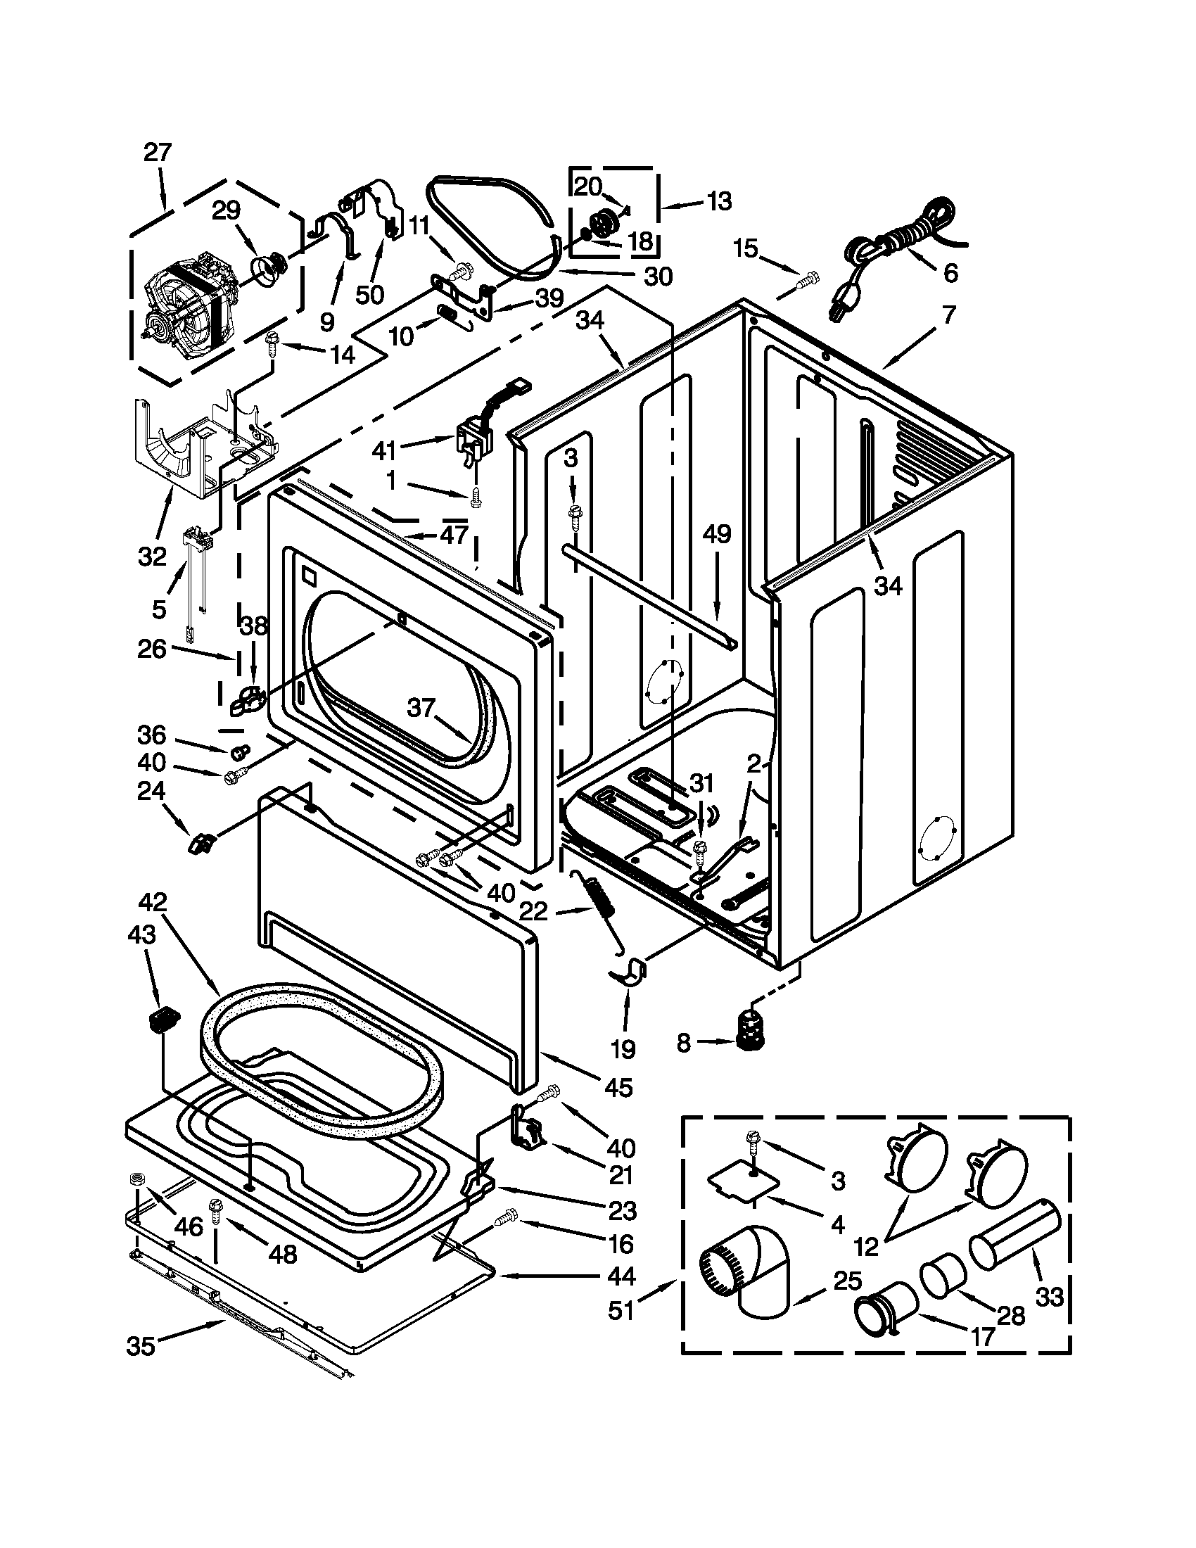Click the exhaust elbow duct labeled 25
click(751, 1276)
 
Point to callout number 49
click(716, 534)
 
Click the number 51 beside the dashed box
click(621, 1311)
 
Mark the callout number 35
click(140, 1346)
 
